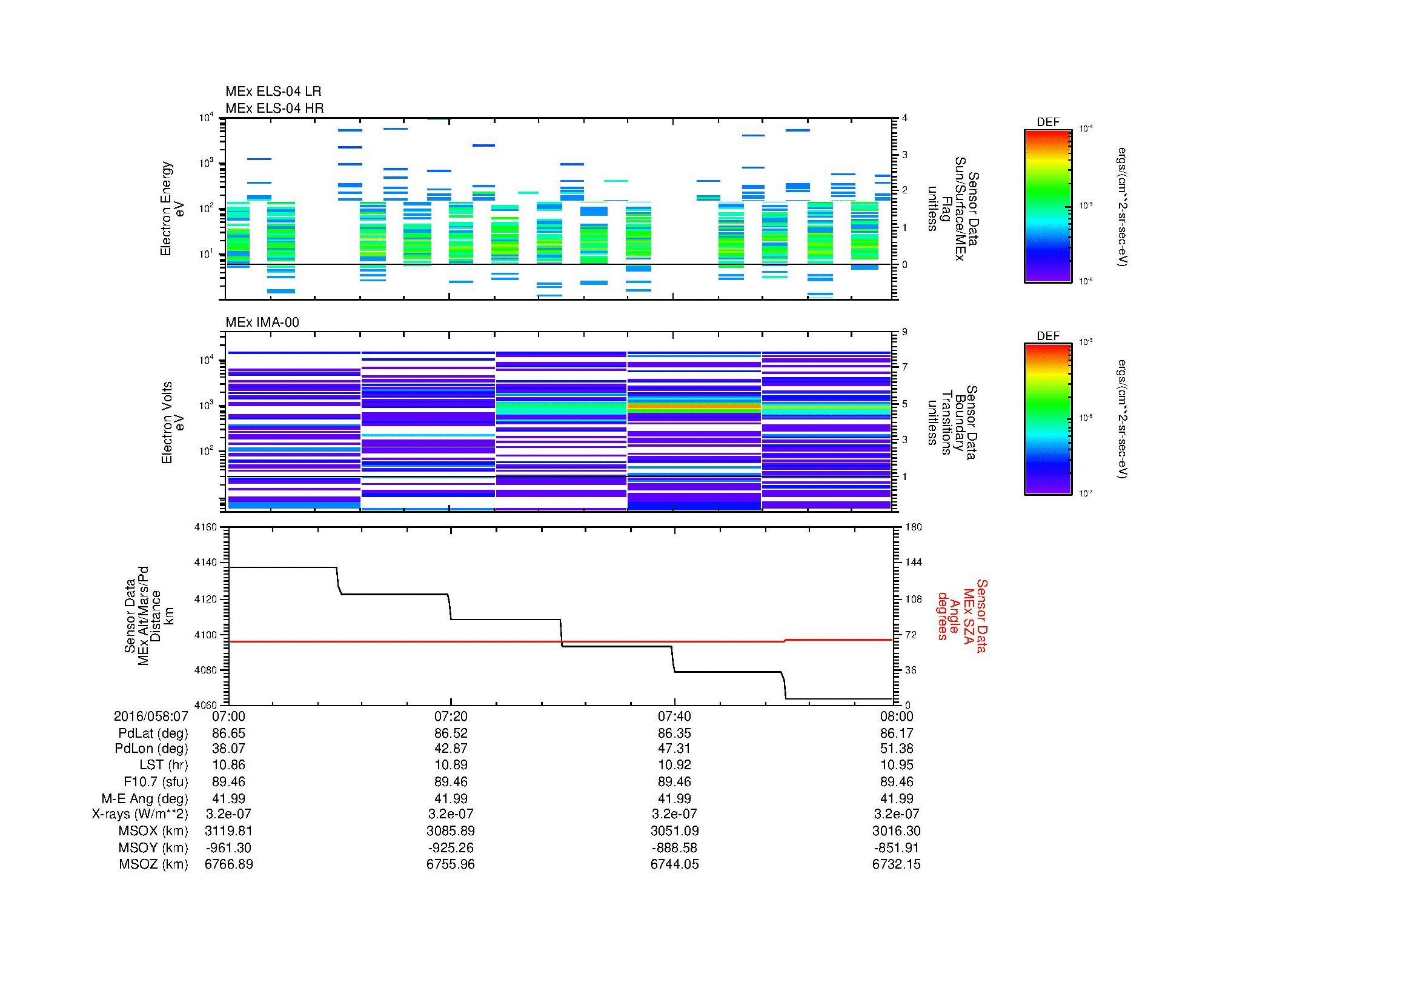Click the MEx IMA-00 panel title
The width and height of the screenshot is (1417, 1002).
pyautogui.click(x=262, y=322)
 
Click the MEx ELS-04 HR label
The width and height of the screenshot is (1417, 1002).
pyautogui.click(x=274, y=108)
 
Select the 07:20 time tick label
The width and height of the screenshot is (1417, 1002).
pyautogui.click(x=451, y=716)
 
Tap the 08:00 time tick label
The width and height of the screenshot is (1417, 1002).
pyautogui.click(x=896, y=716)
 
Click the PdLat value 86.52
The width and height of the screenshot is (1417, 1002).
pyautogui.click(x=451, y=733)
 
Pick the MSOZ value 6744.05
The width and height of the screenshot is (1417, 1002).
pyautogui.click(x=674, y=864)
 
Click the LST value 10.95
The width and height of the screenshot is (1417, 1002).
pyautogui.click(x=896, y=765)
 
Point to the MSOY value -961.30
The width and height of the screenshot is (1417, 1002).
pyautogui.click(x=228, y=847)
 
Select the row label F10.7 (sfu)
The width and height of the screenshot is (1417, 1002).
pyautogui.click(x=156, y=781)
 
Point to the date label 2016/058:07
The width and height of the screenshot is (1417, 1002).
pyautogui.click(x=151, y=716)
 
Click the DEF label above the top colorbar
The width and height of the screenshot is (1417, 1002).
pyautogui.click(x=1047, y=122)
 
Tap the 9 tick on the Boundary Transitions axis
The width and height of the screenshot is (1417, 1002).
pyautogui.click(x=904, y=332)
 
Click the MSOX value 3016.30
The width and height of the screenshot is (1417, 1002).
pyautogui.click(x=896, y=831)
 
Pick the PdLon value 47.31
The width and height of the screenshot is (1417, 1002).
pyautogui.click(x=674, y=748)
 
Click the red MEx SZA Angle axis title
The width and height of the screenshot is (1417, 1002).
pyautogui.click(x=961, y=615)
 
